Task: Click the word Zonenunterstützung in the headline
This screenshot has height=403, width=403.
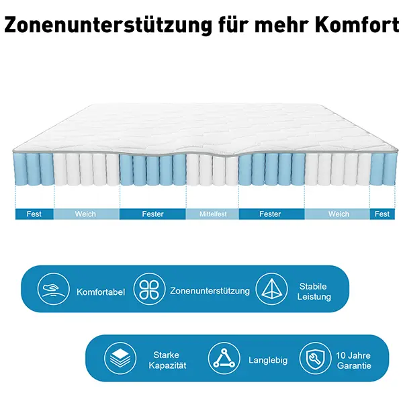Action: [108, 25]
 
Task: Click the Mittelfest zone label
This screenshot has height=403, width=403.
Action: [213, 214]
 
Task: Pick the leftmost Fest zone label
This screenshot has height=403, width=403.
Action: [34, 214]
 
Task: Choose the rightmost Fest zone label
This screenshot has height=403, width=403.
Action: [382, 214]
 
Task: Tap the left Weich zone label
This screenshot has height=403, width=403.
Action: [85, 214]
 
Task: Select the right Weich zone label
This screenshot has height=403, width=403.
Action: [339, 214]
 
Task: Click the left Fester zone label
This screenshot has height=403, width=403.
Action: [152, 214]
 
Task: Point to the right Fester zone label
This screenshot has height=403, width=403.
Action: [270, 214]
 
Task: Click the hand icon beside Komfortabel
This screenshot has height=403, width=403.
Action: [54, 289]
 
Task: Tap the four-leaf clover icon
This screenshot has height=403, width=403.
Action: [149, 289]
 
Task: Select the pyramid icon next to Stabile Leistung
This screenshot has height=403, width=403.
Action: [271, 289]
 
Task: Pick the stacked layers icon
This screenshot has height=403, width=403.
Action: [120, 358]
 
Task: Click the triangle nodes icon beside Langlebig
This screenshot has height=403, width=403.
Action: [224, 358]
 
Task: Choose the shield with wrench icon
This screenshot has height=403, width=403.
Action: [316, 358]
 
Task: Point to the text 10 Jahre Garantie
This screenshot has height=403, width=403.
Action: [354, 360]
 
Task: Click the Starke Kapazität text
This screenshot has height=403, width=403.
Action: [167, 360]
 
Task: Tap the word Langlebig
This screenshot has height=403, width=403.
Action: [268, 360]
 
